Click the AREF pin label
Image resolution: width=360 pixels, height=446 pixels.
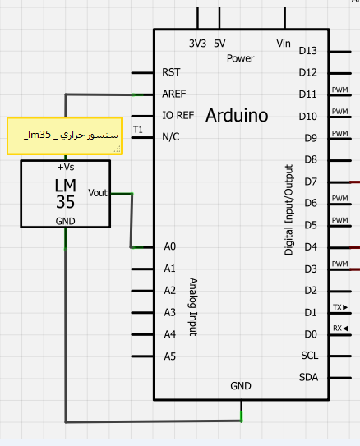(174, 94)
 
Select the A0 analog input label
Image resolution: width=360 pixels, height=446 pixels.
(170, 246)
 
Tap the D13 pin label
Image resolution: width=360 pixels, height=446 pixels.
(307, 51)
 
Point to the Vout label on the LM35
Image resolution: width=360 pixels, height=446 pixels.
(98, 193)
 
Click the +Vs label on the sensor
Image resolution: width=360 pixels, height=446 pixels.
(66, 167)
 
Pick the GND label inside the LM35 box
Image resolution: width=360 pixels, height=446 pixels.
(66, 221)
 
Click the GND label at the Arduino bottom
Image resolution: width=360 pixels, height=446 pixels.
(241, 386)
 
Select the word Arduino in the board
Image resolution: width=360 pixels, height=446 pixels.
(237, 116)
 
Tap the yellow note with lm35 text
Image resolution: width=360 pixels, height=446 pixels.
(65, 136)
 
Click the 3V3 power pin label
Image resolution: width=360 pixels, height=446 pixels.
(197, 44)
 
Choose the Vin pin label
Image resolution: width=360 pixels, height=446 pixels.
(284, 44)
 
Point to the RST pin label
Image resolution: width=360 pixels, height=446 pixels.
(171, 72)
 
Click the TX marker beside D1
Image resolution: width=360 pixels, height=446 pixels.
(340, 307)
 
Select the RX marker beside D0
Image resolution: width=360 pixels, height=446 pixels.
(340, 329)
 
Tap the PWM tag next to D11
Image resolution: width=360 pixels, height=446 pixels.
(339, 90)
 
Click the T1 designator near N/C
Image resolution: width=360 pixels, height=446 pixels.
(138, 130)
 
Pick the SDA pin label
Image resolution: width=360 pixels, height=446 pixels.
(308, 378)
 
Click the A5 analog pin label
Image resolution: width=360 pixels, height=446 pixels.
(170, 356)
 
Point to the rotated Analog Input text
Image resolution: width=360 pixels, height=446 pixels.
(193, 306)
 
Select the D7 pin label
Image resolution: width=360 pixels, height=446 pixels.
(311, 182)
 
